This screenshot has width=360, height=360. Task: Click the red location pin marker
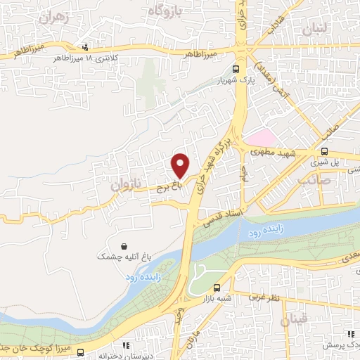181,165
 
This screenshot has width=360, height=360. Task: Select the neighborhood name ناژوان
127,185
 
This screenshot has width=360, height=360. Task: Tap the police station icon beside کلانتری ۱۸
86,48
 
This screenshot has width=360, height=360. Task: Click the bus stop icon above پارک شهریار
236,69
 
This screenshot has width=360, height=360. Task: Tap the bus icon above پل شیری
324,150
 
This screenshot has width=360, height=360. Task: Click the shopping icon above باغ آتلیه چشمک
124,247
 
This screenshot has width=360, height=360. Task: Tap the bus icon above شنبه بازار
217,288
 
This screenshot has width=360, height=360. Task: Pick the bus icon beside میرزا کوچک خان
81,352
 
